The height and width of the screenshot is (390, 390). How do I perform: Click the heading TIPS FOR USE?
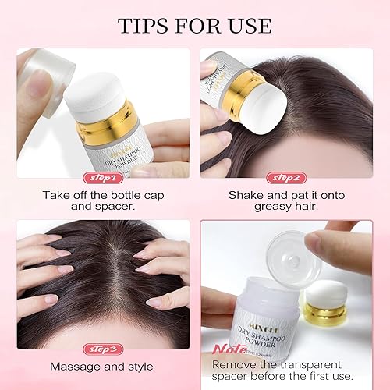tap(194, 25)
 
